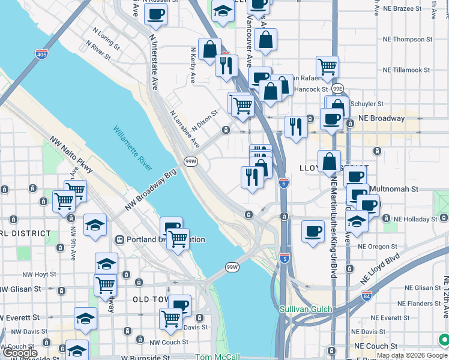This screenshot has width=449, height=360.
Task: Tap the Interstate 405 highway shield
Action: click(41, 54)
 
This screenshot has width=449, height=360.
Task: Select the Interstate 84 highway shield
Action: click(367, 296)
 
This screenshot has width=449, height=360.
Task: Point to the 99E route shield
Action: click(338, 89)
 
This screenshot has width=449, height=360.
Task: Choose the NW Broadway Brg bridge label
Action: click(151, 190)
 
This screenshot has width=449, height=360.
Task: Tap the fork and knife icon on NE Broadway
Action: click(296, 126)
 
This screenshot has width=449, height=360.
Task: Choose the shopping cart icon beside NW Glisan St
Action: click(106, 284)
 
